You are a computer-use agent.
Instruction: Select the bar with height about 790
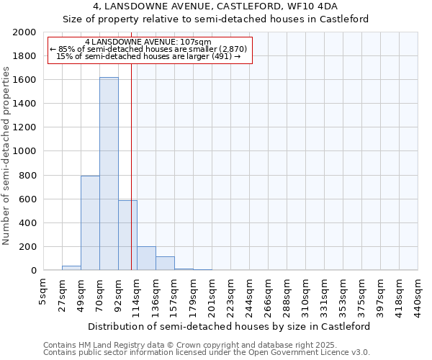(x=90, y=223)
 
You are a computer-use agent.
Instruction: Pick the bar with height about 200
(x=146, y=258)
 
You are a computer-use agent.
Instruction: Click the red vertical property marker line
(x=131, y=166)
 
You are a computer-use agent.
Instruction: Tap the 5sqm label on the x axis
(x=44, y=291)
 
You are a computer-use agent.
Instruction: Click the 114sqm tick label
(x=138, y=294)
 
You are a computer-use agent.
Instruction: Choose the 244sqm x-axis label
(x=250, y=294)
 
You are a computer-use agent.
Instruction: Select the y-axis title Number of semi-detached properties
(x=7, y=156)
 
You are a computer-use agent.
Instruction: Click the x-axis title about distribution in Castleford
(x=230, y=326)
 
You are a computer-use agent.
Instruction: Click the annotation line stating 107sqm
(x=148, y=42)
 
